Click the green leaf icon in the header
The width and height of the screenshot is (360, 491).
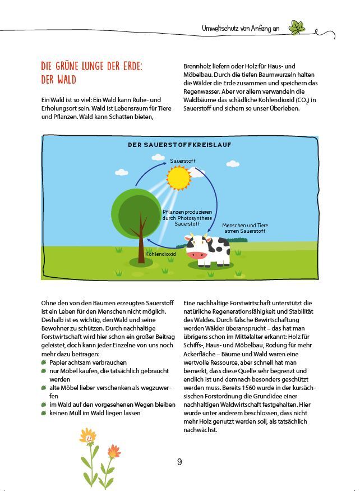click(x=297, y=27)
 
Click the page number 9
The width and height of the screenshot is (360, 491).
click(x=179, y=462)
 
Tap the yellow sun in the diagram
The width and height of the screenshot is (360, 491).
click(x=179, y=178)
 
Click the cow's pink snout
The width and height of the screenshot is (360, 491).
click(x=196, y=255)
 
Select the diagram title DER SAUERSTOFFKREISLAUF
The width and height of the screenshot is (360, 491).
click(x=179, y=145)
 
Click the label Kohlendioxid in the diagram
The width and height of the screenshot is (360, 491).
click(x=161, y=254)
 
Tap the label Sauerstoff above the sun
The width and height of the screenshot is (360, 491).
click(x=183, y=161)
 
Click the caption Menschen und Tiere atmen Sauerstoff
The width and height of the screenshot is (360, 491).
click(x=244, y=228)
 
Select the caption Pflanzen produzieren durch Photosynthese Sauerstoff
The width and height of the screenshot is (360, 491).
click(x=187, y=217)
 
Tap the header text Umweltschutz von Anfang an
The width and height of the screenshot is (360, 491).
click(x=241, y=28)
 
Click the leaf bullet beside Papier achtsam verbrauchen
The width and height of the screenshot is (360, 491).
click(x=44, y=363)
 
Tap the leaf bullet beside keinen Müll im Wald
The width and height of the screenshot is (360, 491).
click(x=44, y=413)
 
